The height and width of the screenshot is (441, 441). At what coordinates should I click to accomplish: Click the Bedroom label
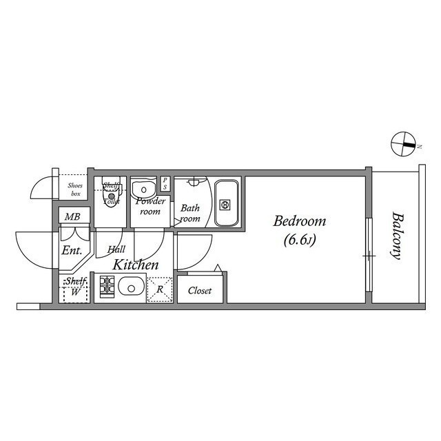tap(300, 222)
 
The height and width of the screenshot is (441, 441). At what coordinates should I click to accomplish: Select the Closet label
tap(200, 291)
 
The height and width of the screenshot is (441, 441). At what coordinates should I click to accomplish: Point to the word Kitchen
tap(136, 265)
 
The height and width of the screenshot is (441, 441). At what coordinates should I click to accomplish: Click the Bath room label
tap(190, 213)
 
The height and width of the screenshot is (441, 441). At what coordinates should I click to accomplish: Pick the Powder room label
tap(150, 206)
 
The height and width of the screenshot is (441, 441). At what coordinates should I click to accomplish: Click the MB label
tap(72, 217)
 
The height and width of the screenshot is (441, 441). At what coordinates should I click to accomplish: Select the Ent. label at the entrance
tap(72, 250)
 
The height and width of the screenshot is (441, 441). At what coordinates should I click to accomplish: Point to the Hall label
tap(115, 250)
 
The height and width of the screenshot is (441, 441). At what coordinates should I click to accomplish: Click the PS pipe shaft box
tap(165, 184)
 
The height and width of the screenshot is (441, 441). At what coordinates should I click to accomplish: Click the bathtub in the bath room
tap(226, 203)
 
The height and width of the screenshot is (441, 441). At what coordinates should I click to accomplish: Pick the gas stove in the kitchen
tap(107, 286)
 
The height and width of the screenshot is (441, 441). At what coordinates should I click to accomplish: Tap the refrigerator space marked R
tap(160, 289)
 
